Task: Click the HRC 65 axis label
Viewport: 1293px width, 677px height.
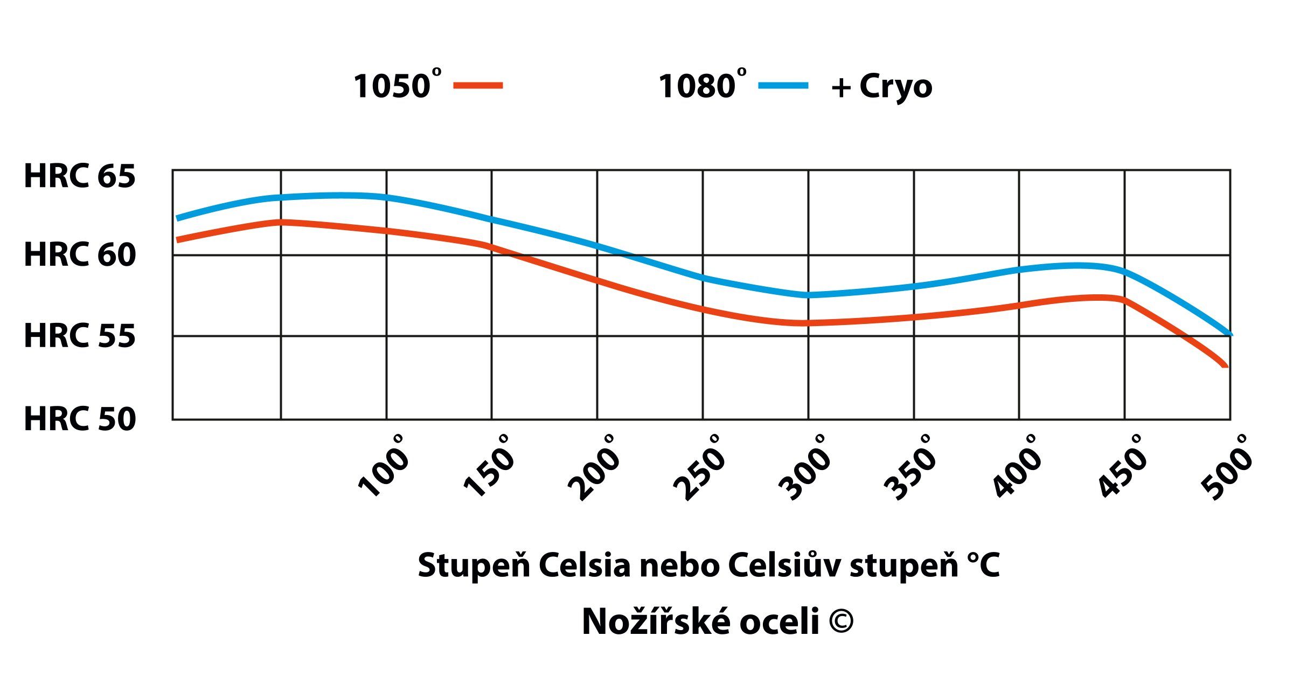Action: (x=80, y=176)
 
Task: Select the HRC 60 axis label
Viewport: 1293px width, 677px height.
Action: (x=80, y=254)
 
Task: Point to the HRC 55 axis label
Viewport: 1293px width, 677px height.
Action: (x=80, y=336)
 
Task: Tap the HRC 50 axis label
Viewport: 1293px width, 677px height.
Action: (x=80, y=419)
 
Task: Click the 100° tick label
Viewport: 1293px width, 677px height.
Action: (x=383, y=467)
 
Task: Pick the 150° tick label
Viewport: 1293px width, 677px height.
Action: (x=489, y=467)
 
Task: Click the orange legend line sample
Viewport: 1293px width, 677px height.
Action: (x=478, y=85)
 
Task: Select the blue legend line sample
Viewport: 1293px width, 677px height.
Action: (x=783, y=85)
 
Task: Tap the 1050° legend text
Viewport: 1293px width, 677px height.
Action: (x=397, y=85)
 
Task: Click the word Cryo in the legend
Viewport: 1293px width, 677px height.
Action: (x=895, y=86)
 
